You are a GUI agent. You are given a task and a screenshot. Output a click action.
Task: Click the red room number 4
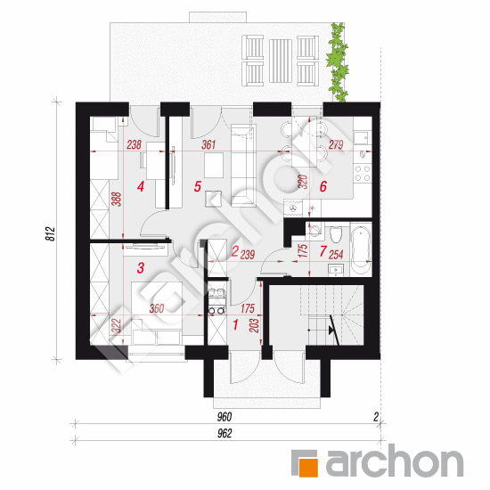click(x=141, y=187)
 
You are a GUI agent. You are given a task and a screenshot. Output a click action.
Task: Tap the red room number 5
click(x=198, y=186)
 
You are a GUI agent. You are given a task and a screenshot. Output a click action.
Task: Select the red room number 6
click(x=323, y=186)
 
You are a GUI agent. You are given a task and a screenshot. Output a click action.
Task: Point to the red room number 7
click(x=323, y=251)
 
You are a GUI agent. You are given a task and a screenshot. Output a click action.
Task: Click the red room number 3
click(x=141, y=268)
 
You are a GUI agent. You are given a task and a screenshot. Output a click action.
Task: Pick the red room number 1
click(x=235, y=324)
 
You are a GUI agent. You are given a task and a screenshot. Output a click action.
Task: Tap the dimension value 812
click(x=50, y=233)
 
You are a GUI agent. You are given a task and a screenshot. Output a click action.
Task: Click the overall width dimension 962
click(x=225, y=434)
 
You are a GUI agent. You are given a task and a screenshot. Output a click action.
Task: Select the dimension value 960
click(x=225, y=417)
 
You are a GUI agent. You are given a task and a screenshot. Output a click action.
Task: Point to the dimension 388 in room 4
click(x=116, y=200)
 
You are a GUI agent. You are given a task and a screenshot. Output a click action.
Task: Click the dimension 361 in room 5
click(x=208, y=144)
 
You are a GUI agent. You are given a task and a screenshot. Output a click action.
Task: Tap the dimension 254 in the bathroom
click(x=336, y=255)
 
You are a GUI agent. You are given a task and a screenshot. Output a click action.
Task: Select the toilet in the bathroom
click(x=336, y=234)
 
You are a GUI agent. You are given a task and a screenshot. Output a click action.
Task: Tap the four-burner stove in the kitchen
click(x=363, y=174)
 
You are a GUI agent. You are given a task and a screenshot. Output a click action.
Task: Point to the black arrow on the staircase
click(x=331, y=331)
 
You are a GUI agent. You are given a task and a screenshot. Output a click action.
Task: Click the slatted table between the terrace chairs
click(x=281, y=61)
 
